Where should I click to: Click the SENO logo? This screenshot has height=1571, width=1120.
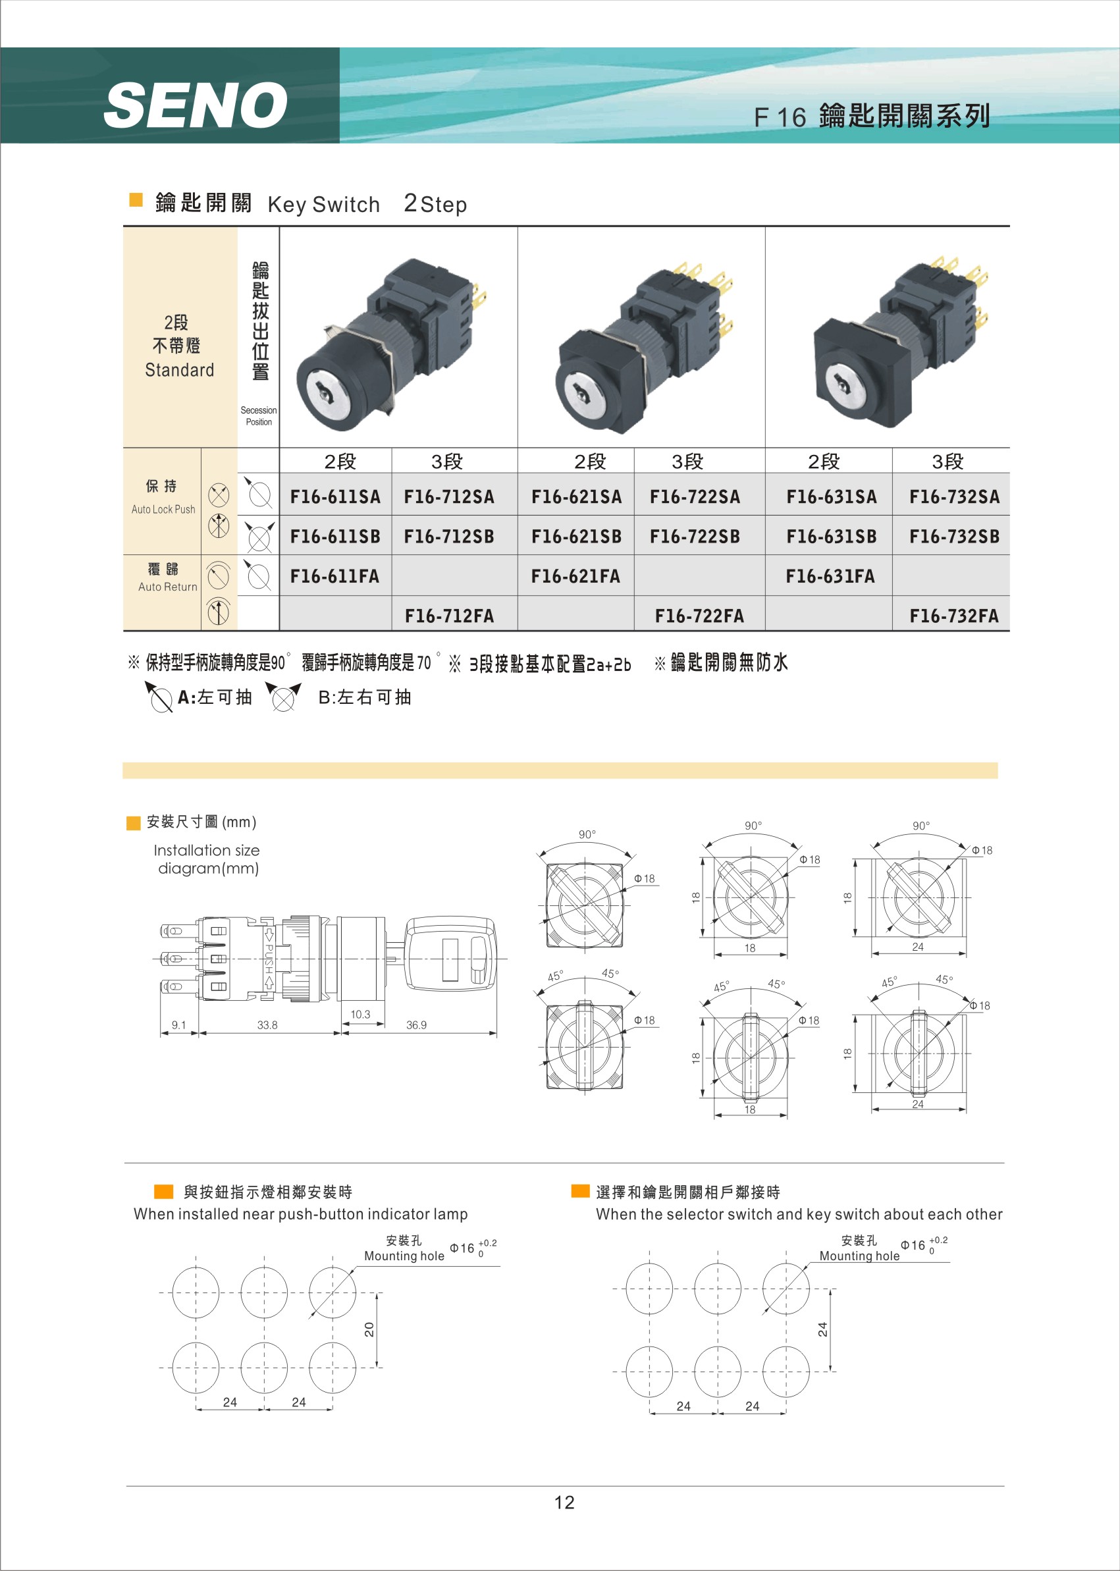(x=196, y=105)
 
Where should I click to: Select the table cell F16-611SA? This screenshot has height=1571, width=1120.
(x=335, y=496)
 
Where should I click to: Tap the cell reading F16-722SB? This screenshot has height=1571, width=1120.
(x=695, y=537)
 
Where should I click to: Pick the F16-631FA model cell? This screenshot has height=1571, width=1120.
(x=830, y=577)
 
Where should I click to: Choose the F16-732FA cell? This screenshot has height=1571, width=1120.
(x=954, y=616)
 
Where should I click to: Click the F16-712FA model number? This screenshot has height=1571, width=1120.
(x=449, y=616)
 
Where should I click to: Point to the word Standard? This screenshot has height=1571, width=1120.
(x=179, y=370)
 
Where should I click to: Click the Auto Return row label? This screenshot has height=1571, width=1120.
(x=168, y=587)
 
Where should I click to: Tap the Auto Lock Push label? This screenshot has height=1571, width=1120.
(x=163, y=510)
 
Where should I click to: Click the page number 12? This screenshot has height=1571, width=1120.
(x=564, y=1503)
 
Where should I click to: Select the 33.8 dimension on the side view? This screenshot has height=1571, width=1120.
(x=267, y=1025)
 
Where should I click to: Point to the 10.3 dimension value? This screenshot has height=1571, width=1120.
(x=360, y=1015)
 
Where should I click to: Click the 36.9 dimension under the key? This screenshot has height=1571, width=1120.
(x=416, y=1025)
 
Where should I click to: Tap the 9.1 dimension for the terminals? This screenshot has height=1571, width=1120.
(x=178, y=1025)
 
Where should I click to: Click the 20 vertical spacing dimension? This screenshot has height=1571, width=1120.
(x=369, y=1329)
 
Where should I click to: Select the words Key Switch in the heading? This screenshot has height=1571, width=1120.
(x=323, y=205)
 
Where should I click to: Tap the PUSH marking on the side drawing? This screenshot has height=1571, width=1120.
(x=269, y=959)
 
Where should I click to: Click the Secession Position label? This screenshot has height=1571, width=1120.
(x=259, y=416)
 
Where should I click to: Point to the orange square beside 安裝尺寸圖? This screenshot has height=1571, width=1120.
(x=134, y=823)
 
